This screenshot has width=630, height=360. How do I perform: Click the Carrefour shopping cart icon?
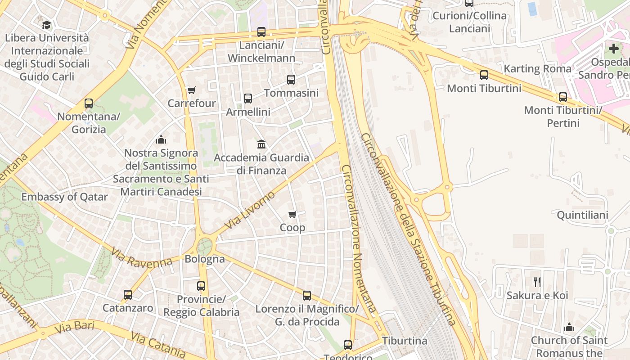[191, 90]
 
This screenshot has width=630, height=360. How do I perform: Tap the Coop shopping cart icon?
[292, 215]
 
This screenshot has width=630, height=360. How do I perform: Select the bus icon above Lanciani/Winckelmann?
[261, 32]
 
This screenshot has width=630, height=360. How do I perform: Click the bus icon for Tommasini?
[291, 80]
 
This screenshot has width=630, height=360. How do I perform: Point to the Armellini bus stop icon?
[248, 99]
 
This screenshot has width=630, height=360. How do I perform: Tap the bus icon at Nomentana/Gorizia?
[89, 103]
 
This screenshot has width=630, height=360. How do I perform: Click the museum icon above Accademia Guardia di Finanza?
[261, 144]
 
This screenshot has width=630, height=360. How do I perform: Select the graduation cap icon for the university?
[46, 25]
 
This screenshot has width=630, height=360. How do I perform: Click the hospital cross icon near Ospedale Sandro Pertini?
[614, 49]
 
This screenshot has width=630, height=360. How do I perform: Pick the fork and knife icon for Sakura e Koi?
[537, 282]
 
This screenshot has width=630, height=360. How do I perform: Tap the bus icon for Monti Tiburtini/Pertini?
[563, 97]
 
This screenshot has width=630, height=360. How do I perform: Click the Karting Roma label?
[537, 69]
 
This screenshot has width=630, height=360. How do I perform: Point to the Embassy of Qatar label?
[65, 197]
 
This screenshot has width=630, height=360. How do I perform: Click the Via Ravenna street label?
[142, 258]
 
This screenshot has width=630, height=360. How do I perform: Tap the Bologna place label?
[205, 259]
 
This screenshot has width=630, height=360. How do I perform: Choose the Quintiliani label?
[582, 215]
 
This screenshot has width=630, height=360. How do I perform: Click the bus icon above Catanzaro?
[128, 295]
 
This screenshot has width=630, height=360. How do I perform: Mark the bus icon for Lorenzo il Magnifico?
[307, 296]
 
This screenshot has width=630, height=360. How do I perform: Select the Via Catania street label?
[157, 345]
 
